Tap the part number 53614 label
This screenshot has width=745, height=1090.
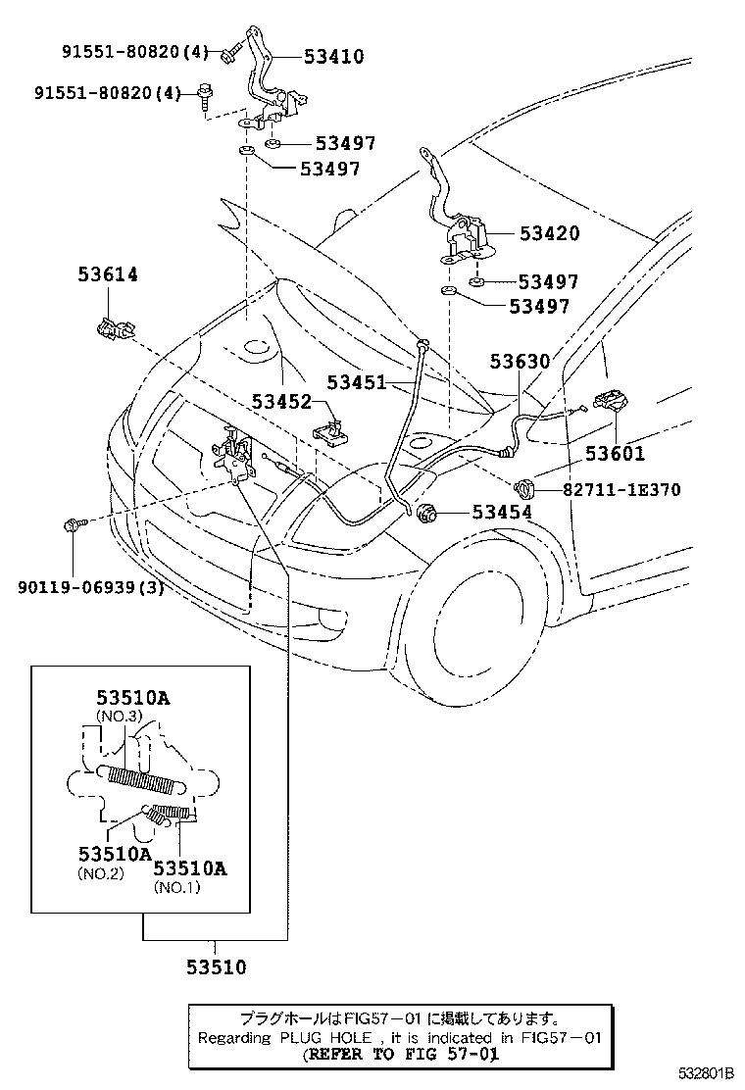pos(108,275)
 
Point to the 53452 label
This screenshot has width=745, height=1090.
pos(280,402)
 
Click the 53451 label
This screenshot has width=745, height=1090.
pos(356,382)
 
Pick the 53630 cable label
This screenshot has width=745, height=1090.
pos(520,363)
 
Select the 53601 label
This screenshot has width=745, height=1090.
pos(615,454)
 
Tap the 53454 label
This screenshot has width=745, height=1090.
pos(502,512)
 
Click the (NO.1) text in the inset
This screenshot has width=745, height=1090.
pos(177,887)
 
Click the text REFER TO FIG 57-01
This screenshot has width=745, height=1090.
pos(400,1055)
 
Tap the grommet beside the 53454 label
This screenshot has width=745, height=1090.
pos(428,513)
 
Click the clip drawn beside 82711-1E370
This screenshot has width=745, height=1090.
pos(524,485)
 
